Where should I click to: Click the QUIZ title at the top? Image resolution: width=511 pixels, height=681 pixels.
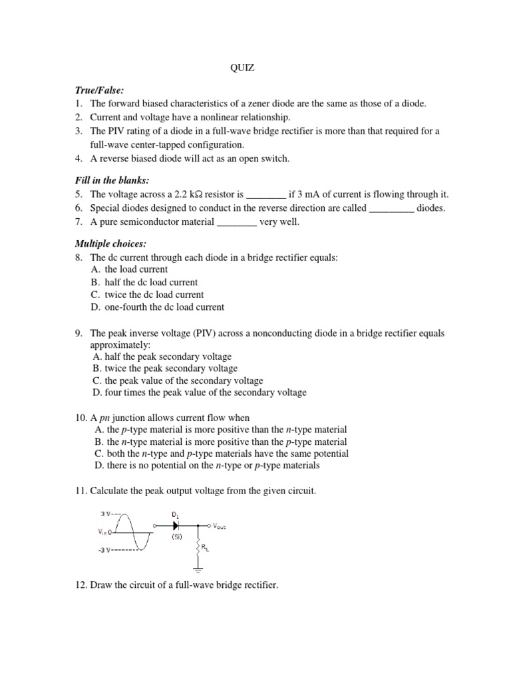tap(242, 67)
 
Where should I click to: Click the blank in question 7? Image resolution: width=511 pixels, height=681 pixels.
tap(237, 222)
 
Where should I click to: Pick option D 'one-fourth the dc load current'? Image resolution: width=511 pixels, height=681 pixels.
tap(158, 307)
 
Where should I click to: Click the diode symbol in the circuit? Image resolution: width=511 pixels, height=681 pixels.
tap(176, 525)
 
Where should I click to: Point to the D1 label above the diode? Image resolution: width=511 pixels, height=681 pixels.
tap(176, 514)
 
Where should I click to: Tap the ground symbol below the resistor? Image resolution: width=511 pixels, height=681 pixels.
tap(198, 569)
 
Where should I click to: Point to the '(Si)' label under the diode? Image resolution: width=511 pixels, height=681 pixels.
tap(176, 537)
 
